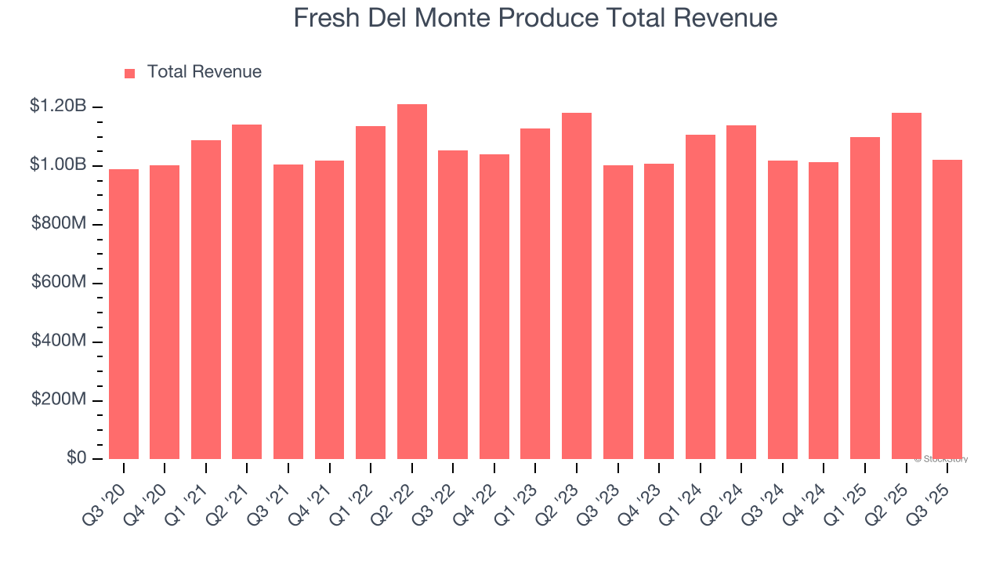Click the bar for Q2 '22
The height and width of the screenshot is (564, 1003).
point(412,282)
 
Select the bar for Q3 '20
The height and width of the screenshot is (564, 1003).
point(124,313)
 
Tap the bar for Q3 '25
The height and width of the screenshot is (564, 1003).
point(947,309)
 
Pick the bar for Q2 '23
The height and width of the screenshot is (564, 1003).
point(577,286)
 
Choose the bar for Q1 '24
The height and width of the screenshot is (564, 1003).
point(701,297)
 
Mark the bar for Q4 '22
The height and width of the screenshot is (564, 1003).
point(494,306)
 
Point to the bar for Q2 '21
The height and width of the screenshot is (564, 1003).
point(247,291)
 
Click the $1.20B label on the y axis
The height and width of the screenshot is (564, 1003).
point(58,106)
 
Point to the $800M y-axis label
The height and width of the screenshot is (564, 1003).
point(59,223)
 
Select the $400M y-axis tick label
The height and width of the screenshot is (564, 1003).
point(59,341)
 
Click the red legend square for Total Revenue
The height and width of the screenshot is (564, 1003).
point(130,73)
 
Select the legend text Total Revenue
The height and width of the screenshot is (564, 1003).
point(204,72)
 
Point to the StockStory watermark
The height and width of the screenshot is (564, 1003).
point(941,459)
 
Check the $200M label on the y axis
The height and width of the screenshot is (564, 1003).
point(59,399)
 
